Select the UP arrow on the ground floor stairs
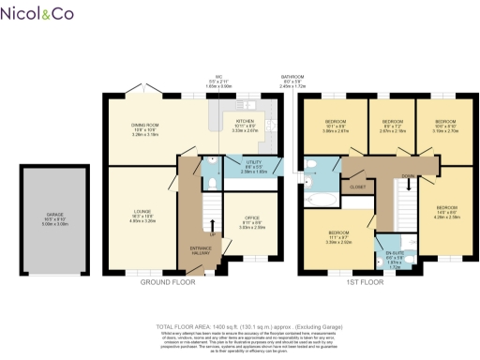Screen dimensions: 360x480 tap(213, 225)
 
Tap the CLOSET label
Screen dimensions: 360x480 tap(357, 187)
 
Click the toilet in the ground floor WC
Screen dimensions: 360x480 tap(213, 159)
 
